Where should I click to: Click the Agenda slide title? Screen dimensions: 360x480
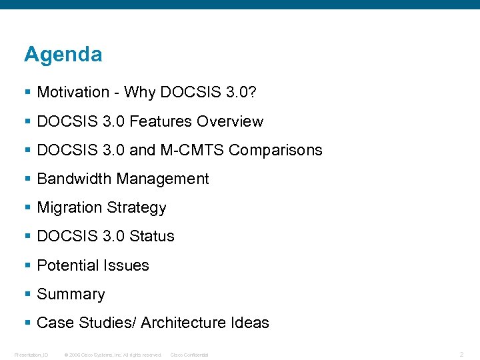[x=63, y=55]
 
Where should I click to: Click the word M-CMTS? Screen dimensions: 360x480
[x=192, y=150]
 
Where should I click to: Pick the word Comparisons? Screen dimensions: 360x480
[x=275, y=150]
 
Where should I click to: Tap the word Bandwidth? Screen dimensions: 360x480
[x=74, y=179]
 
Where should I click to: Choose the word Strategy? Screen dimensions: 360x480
[x=136, y=208]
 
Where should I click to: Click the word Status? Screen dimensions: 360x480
[x=152, y=236]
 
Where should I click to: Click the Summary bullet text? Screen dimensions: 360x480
[x=71, y=294]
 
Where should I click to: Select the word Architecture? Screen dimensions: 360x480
[x=183, y=323]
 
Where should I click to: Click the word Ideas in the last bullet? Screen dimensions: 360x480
[x=249, y=323]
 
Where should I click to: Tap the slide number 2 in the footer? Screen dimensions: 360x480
[x=461, y=355]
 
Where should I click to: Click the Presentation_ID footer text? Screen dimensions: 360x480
[x=31, y=355]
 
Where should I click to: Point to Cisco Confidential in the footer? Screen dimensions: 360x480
[x=189, y=355]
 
